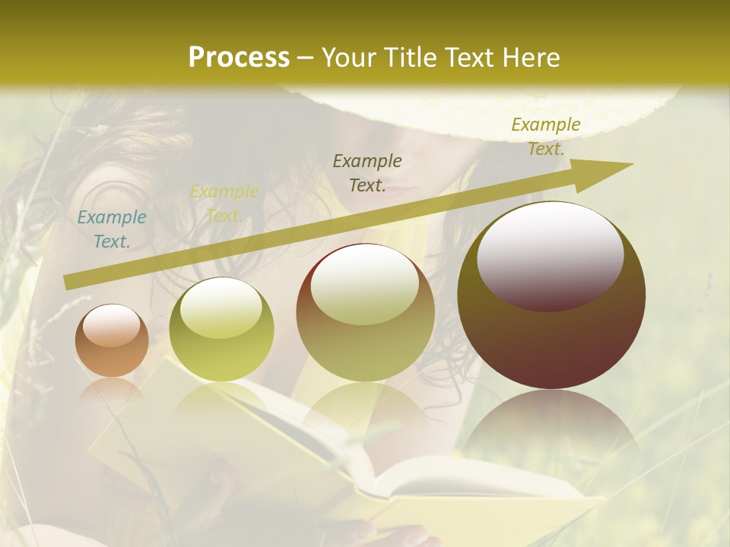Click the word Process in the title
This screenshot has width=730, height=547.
(239, 58)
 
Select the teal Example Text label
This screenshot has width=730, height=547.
(111, 229)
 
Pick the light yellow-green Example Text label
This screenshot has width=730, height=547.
(224, 204)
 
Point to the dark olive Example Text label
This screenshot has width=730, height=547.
(367, 172)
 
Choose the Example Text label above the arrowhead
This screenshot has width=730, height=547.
(546, 137)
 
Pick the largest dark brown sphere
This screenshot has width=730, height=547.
(551, 342)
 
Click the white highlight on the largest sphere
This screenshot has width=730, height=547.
(550, 255)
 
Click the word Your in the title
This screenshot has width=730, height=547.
(348, 58)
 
